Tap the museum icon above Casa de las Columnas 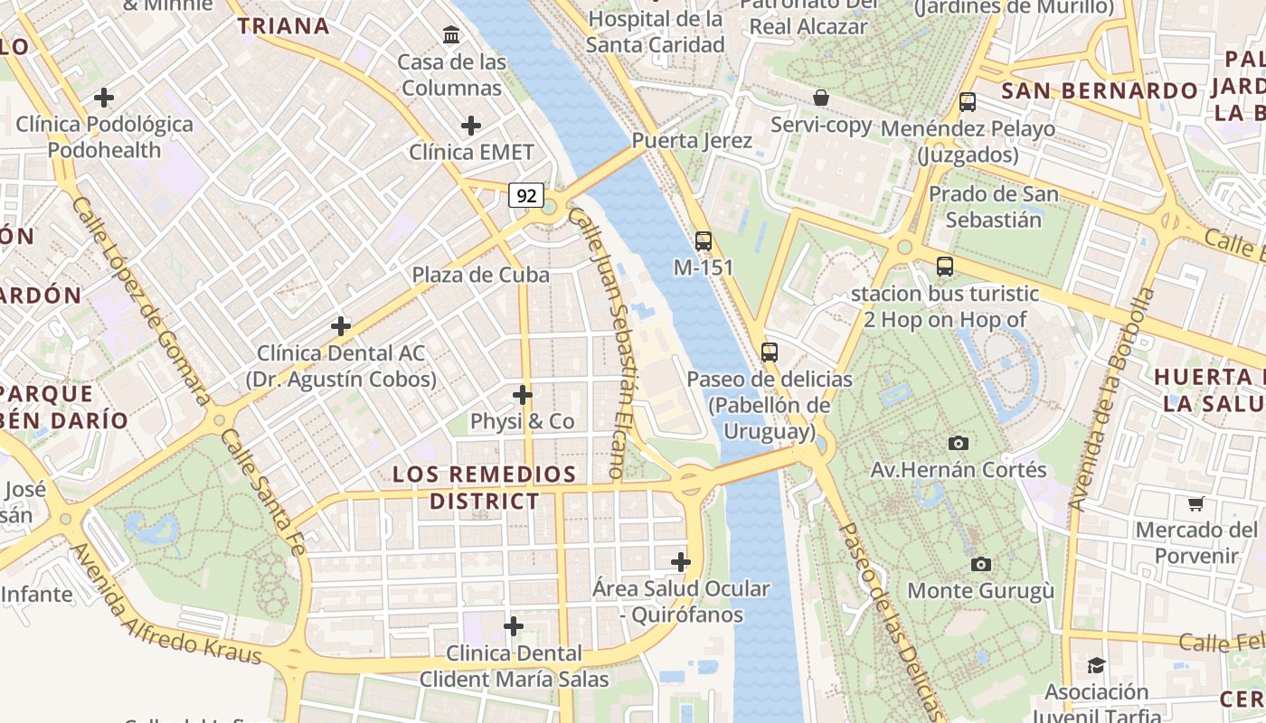tap(450, 35)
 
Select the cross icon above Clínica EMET tap(470, 125)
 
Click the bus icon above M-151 tap(703, 241)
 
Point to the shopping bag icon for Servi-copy tap(821, 98)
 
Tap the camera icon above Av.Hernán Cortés tap(959, 443)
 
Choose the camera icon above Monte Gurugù tap(980, 564)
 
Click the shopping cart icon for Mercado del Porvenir tap(1196, 503)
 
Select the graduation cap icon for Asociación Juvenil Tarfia tap(1096, 665)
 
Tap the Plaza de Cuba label tap(480, 275)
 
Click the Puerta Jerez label tap(692, 141)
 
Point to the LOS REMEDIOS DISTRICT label tap(485, 487)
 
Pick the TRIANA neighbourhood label tap(283, 25)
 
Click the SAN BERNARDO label tap(1099, 90)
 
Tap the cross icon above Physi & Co tap(522, 395)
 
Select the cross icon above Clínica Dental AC tap(341, 326)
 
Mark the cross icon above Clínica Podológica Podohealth tap(104, 97)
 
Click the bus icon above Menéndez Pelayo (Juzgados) tap(967, 102)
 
